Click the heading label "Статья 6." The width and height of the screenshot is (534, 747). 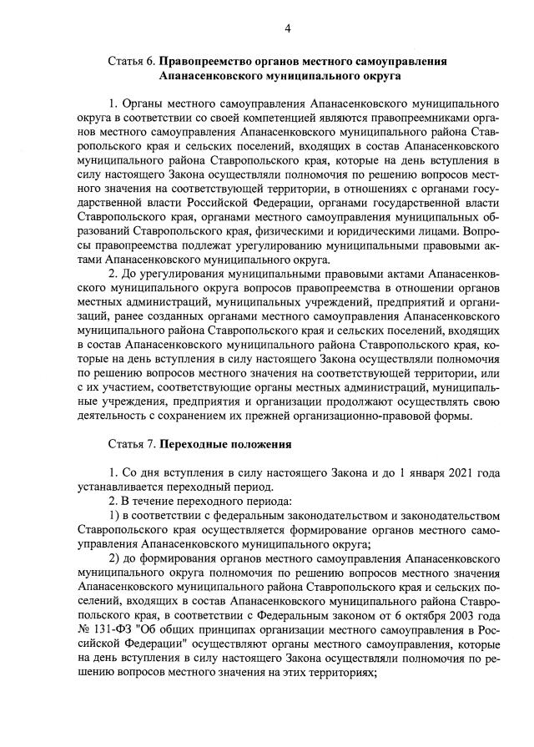(132, 61)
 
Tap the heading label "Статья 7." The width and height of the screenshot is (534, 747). (132, 442)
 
